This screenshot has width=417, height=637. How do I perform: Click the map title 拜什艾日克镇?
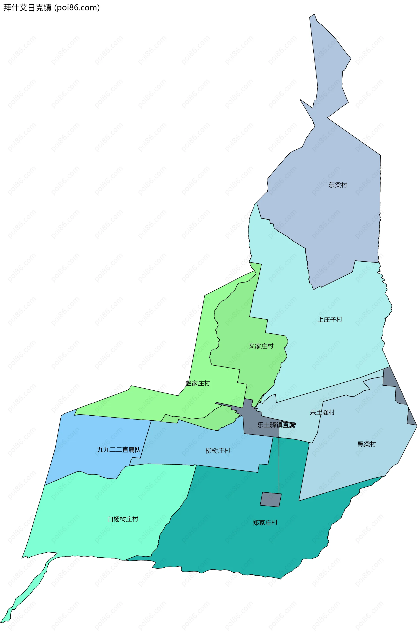[27, 8]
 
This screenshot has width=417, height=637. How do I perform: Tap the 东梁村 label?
[338, 185]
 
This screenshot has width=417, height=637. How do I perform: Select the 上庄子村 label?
[330, 319]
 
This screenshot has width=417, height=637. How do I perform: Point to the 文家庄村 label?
[261, 346]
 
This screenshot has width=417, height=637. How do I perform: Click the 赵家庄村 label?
[198, 383]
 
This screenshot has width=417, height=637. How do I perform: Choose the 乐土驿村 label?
[322, 412]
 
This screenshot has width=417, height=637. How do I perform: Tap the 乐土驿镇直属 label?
[276, 425]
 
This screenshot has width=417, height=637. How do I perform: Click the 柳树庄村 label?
[218, 451]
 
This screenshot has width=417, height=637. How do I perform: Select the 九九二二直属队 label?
[119, 450]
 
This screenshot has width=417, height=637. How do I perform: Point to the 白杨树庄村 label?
[123, 519]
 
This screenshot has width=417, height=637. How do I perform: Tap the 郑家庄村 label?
[265, 523]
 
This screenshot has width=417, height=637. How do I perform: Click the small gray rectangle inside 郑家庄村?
[271, 499]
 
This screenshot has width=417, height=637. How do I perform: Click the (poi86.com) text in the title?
[77, 8]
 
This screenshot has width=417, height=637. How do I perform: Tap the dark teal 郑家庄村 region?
[241, 549]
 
